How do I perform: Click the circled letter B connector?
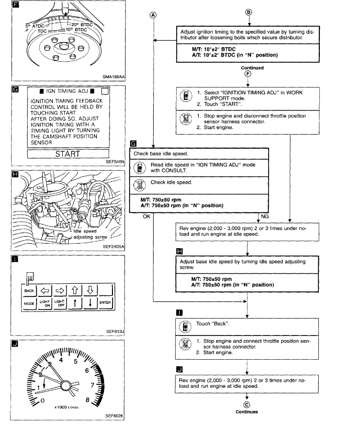click(249, 13)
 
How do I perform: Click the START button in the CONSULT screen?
click(67, 154)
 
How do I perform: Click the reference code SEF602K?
click(114, 416)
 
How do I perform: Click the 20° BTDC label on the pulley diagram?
click(82, 24)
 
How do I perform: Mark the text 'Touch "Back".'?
click(211, 324)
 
